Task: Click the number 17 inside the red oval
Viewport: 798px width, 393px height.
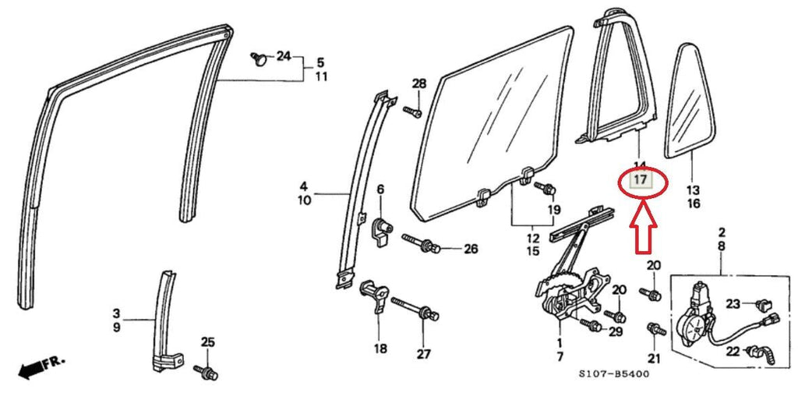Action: [640, 182]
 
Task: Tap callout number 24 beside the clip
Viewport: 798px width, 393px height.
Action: [283, 55]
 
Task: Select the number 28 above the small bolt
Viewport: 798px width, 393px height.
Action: [419, 84]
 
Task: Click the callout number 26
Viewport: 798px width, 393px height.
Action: [470, 250]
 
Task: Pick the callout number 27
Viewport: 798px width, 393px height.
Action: [422, 353]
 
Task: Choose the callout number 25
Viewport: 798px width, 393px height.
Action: [207, 342]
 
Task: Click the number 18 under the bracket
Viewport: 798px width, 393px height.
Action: [380, 349]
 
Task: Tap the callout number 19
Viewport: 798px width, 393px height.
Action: [553, 210]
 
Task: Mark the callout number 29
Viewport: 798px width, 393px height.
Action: [616, 333]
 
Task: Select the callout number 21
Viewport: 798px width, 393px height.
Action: [653, 358]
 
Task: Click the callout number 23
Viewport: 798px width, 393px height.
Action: [733, 303]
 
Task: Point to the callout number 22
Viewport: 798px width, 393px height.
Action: [733, 352]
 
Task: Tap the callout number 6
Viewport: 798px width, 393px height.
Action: [380, 189]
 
